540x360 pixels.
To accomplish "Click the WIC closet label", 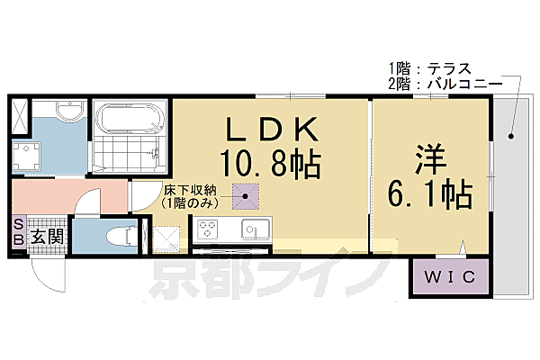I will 452,278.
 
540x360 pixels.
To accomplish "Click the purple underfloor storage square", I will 245,195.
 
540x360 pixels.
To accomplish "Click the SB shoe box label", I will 18,238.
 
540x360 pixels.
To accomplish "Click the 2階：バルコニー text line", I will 437,83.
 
